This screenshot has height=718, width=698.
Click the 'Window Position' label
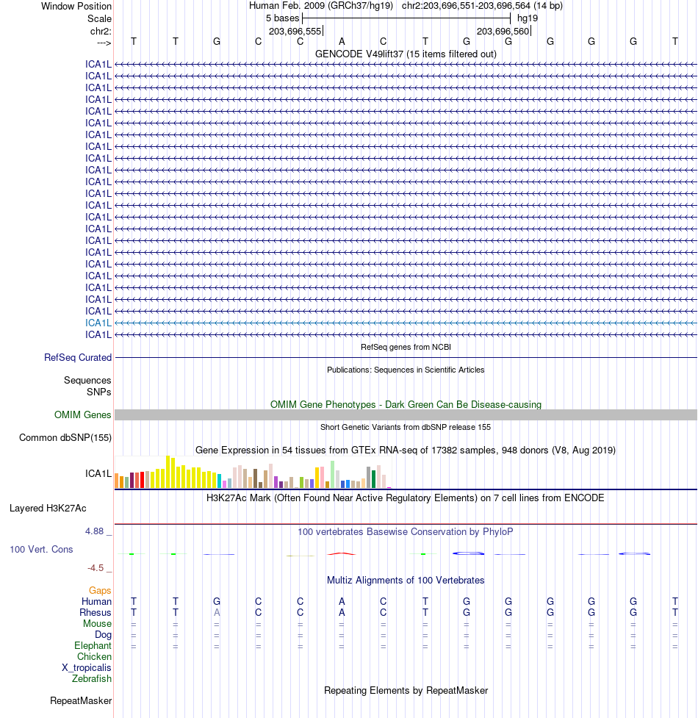(76, 7)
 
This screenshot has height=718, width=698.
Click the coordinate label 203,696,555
(295, 32)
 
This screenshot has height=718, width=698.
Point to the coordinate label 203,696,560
(503, 32)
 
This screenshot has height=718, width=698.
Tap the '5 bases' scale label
(282, 18)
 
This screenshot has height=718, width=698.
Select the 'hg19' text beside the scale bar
(528, 18)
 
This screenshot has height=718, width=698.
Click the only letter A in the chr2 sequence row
(342, 42)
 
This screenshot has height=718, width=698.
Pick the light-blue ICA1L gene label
(98, 323)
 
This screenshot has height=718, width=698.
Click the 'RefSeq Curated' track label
(78, 358)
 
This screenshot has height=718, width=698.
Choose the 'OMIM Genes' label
(83, 415)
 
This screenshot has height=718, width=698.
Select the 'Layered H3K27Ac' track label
(48, 509)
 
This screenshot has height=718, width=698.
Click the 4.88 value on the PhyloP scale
(96, 531)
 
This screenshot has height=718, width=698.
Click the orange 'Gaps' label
(100, 591)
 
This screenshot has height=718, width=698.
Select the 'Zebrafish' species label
(92, 679)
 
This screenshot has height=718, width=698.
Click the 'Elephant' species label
(93, 646)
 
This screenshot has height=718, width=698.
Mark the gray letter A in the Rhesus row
(217, 613)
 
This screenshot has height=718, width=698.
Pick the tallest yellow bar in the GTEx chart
(168, 472)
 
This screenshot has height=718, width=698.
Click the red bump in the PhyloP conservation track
(342, 553)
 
